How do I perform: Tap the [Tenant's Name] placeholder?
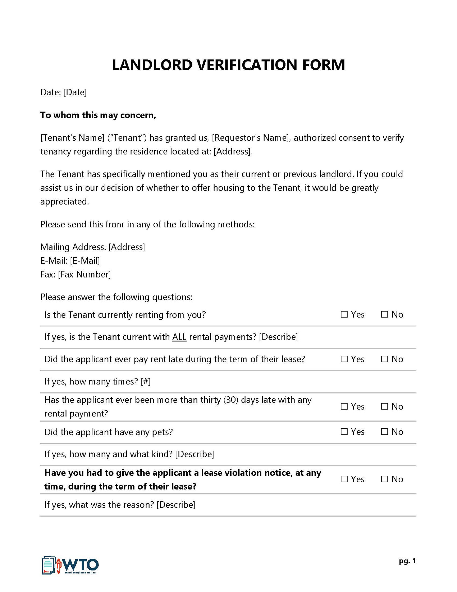click(72, 138)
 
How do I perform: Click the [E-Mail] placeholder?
click(85, 261)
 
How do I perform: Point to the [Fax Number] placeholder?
click(84, 275)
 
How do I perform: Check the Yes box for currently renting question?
click(344, 315)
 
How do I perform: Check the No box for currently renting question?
click(384, 315)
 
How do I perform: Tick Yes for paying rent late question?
click(344, 359)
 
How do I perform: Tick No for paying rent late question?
click(384, 359)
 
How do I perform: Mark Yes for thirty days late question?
click(344, 407)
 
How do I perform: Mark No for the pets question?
click(384, 432)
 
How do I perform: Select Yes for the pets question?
click(344, 432)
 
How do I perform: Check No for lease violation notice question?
click(384, 479)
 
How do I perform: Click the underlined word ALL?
click(179, 337)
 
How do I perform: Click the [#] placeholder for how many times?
click(146, 382)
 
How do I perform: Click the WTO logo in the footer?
click(70, 565)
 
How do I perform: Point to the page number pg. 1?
click(407, 561)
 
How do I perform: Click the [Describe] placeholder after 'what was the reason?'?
click(176, 505)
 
